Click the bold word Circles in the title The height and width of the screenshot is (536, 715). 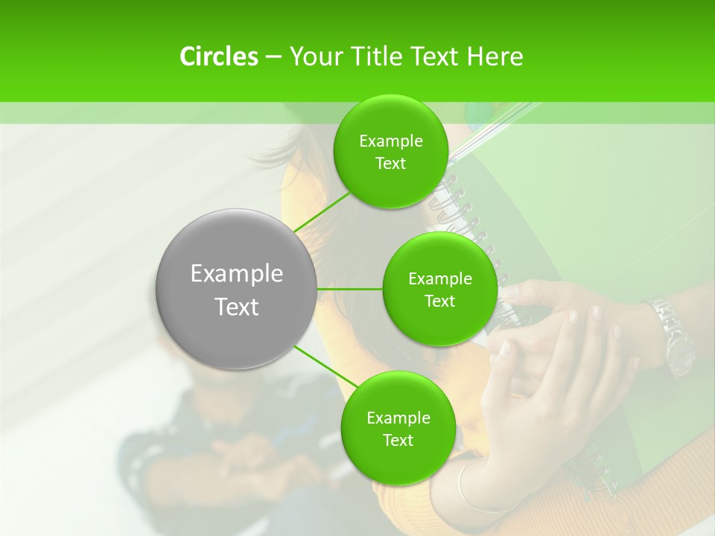tap(218, 57)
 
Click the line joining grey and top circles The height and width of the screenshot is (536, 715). tap(322, 213)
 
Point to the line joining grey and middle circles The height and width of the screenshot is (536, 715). tap(349, 289)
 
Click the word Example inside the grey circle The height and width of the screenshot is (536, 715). tap(237, 274)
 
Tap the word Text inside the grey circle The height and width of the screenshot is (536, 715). tap(237, 307)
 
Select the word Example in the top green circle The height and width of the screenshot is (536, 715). tap(391, 141)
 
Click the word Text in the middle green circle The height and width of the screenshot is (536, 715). tap(439, 301)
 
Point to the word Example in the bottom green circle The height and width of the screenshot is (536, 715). tap(398, 418)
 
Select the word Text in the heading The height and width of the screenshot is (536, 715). tap(436, 57)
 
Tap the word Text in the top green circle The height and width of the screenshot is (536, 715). tap(390, 164)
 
